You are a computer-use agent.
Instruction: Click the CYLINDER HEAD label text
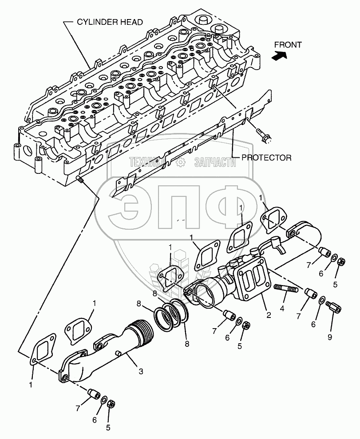pos(111,22)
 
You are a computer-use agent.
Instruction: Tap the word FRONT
pos(288,44)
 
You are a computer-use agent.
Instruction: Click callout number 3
pos(141,372)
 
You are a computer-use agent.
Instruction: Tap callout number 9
pos(329,337)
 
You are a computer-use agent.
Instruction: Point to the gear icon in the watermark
pos(180,163)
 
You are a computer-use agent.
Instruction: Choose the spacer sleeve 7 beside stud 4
pos(309,294)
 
